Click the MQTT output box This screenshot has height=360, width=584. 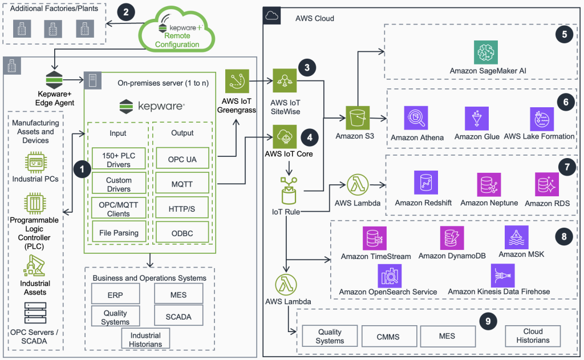(183, 184)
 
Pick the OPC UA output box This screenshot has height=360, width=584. (183, 159)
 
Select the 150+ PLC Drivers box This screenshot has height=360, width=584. (119, 159)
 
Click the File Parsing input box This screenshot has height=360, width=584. (119, 233)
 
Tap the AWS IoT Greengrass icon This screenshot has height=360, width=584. (237, 82)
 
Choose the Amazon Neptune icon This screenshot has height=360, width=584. (489, 185)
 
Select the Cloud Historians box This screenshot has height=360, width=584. (533, 335)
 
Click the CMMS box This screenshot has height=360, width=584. (388, 336)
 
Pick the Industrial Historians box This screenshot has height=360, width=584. (145, 339)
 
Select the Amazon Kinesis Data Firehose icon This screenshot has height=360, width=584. (502, 276)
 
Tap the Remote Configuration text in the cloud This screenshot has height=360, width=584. (177, 40)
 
